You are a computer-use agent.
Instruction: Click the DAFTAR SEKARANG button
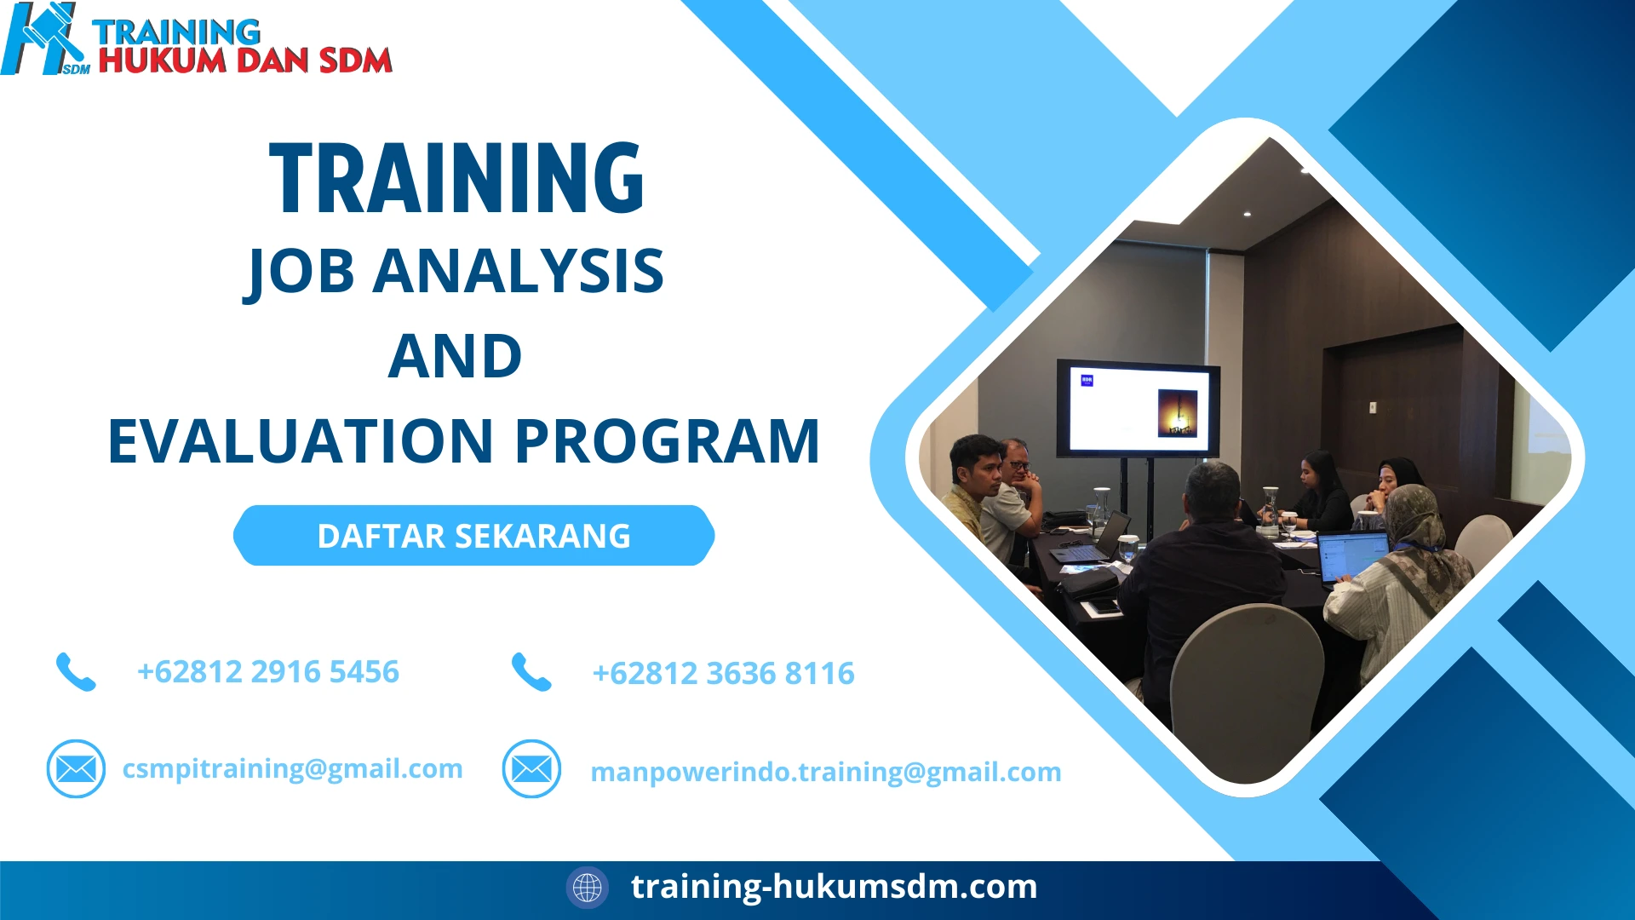[x=473, y=536]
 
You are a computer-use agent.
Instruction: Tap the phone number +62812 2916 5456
[x=267, y=671]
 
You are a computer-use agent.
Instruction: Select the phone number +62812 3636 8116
[x=723, y=673]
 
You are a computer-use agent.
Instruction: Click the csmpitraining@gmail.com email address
[x=292, y=768]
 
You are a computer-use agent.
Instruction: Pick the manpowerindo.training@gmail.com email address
[x=825, y=772]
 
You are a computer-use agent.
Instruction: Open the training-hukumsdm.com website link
[x=834, y=886]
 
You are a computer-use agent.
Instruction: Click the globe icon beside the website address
[x=587, y=887]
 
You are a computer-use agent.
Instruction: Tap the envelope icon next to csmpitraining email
[x=76, y=768]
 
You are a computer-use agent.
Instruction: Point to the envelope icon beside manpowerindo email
[x=531, y=768]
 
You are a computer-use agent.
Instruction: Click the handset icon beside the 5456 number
[x=76, y=671]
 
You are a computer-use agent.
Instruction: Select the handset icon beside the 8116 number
[x=531, y=672]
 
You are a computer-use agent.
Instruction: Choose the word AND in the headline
[x=455, y=356]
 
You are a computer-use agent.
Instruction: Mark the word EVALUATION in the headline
[x=301, y=441]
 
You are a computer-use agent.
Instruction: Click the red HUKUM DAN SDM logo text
[x=245, y=60]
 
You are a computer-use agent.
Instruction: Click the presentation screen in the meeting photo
[x=1138, y=409]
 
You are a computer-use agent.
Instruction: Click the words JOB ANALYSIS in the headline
[x=455, y=271]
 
